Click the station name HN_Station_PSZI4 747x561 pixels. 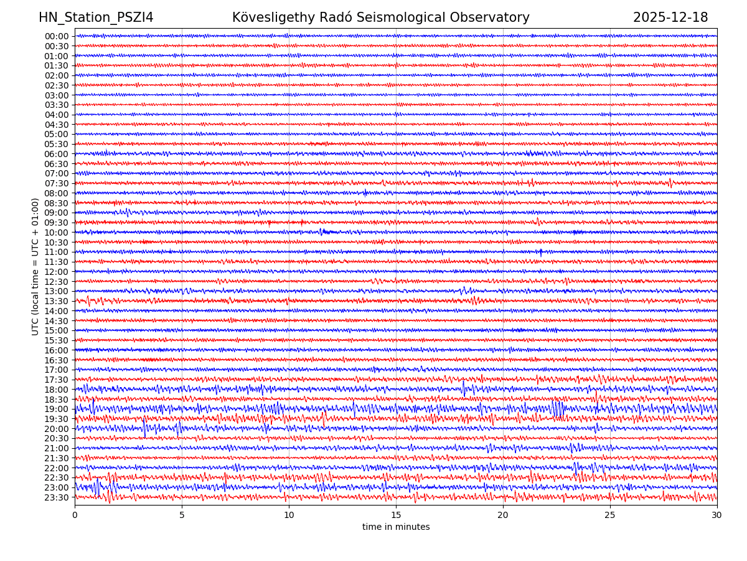(96, 17)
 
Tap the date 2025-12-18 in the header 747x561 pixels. (670, 17)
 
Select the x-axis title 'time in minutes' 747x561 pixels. (396, 527)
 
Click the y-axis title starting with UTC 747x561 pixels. (35, 266)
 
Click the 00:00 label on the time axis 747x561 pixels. (57, 36)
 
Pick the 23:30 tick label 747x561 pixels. (57, 497)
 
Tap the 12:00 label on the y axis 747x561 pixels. (57, 272)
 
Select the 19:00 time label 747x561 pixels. (57, 409)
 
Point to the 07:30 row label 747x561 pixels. (57, 183)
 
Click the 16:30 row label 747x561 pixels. (57, 360)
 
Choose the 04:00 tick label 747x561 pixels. (57, 115)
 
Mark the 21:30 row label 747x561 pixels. (57, 458)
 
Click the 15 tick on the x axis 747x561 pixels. (396, 514)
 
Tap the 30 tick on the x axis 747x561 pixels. (717, 514)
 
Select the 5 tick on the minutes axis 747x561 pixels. (182, 514)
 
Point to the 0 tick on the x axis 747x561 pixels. (75, 514)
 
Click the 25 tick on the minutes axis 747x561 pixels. (610, 514)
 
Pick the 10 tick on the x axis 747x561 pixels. (289, 514)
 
